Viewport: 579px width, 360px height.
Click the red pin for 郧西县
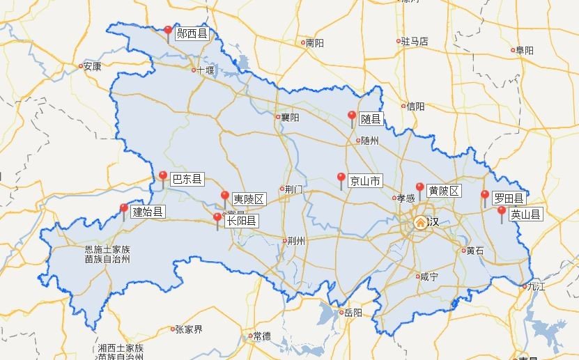[x=168, y=31]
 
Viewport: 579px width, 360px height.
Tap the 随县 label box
[x=371, y=119]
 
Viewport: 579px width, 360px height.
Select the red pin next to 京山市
[x=341, y=178]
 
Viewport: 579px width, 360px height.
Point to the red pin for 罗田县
[x=485, y=196]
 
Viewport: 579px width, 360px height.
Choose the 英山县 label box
[x=525, y=214]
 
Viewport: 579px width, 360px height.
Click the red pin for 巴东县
[x=163, y=176]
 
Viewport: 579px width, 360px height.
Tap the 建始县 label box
[x=148, y=212]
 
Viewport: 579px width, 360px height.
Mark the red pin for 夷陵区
[x=224, y=196]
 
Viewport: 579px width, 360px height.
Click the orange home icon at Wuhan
[x=421, y=222]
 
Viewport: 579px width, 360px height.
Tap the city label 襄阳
[x=290, y=118]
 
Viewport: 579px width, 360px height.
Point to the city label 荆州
[x=296, y=242]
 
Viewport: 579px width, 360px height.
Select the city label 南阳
[x=315, y=43]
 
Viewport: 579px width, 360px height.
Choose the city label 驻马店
[x=415, y=42]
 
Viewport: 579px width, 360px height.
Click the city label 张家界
[x=188, y=329]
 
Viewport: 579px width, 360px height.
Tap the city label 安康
[x=92, y=67]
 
